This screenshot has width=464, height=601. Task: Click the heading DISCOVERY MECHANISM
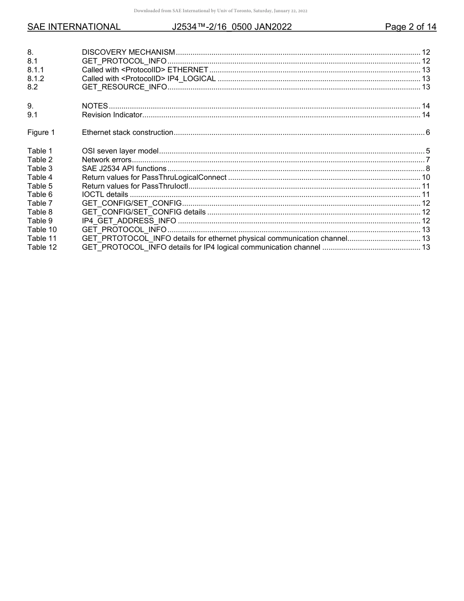128,52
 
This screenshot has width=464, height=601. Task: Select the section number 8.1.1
36,70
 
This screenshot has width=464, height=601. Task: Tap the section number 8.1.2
36,79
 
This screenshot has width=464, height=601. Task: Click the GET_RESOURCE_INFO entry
124,87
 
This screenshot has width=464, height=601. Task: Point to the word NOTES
95,106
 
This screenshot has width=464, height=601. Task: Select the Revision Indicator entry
112,115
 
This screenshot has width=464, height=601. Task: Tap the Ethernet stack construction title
127,132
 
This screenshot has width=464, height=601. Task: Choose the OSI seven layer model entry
120,151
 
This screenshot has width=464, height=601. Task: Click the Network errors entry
106,160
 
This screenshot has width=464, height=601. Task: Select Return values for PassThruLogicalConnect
154,177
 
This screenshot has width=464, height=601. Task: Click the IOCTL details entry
105,194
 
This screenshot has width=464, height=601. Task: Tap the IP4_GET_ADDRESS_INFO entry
129,221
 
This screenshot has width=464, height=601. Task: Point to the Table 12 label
42,247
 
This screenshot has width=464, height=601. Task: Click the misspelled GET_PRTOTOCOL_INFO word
124,238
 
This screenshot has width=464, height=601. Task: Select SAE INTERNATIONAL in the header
74,27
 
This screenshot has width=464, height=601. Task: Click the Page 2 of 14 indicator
410,27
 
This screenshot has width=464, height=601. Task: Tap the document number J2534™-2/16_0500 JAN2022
232,27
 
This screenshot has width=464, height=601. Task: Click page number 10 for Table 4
425,177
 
